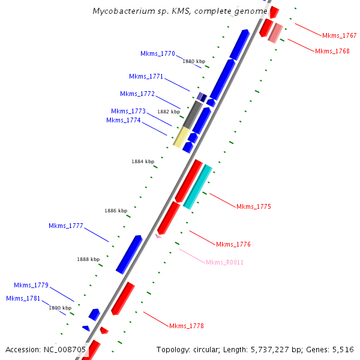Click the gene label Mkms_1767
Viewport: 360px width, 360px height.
pyautogui.click(x=339, y=36)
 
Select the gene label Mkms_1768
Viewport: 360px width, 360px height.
pyautogui.click(x=332, y=51)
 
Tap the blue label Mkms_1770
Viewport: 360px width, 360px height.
pyautogui.click(x=158, y=54)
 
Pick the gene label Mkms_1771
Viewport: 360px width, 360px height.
pyautogui.click(x=146, y=76)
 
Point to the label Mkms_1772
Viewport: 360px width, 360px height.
pyautogui.click(x=137, y=94)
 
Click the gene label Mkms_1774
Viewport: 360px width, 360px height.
pyautogui.click(x=123, y=120)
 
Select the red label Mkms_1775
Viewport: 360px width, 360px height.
pyautogui.click(x=253, y=206)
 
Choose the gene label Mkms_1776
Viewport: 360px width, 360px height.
pyautogui.click(x=233, y=244)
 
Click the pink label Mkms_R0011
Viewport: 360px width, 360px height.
pyautogui.click(x=224, y=263)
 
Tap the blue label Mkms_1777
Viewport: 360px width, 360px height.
pyautogui.click(x=65, y=226)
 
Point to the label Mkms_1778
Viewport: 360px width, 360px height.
pyautogui.click(x=186, y=326)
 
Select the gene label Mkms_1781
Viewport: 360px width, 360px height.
pyautogui.click(x=23, y=298)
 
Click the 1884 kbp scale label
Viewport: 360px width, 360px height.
pyautogui.click(x=143, y=161)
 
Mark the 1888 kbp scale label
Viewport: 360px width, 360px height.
pyautogui.click(x=88, y=259)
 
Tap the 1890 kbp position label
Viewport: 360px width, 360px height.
pyautogui.click(x=60, y=308)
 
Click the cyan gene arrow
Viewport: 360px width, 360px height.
pyautogui.click(x=197, y=187)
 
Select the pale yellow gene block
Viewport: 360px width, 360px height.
pyautogui.click(x=181, y=136)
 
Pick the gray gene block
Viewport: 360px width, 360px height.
pyautogui.click(x=192, y=115)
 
